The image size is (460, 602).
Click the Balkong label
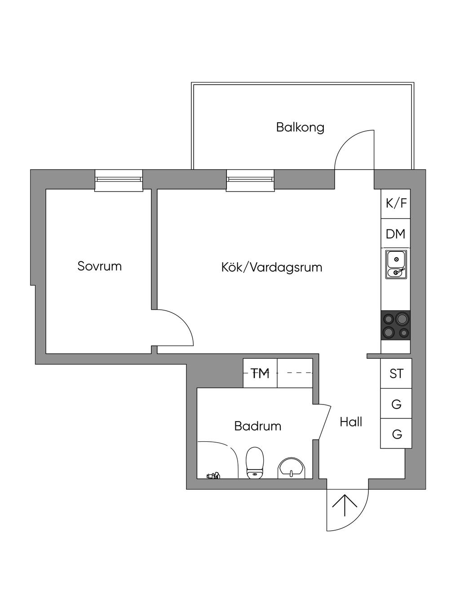[x=300, y=127]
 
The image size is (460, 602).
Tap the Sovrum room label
[x=99, y=266]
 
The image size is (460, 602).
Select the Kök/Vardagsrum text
[x=271, y=268]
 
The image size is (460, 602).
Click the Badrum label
[x=257, y=426]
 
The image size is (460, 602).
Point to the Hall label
[x=351, y=422]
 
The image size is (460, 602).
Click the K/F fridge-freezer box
[x=396, y=203]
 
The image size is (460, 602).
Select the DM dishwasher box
[x=396, y=233]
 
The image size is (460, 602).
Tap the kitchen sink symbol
[x=396, y=265]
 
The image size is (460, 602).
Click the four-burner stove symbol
[x=396, y=325]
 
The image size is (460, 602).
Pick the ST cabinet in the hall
[x=396, y=374]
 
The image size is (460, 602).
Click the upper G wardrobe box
[x=396, y=404]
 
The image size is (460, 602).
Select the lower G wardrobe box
[x=396, y=434]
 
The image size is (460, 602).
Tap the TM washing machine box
[x=260, y=373]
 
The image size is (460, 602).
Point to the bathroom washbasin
[x=292, y=468]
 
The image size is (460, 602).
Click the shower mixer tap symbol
[x=212, y=475]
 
